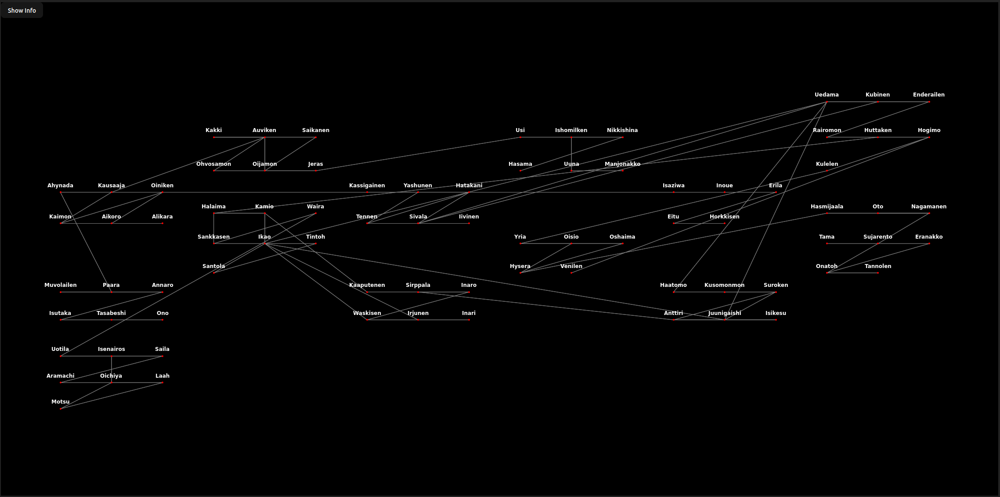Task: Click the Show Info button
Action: tap(22, 11)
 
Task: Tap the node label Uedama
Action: tap(827, 95)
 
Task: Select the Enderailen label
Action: tap(928, 95)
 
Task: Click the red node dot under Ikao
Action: tap(265, 243)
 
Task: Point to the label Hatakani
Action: tap(469, 186)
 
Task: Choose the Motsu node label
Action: tap(61, 402)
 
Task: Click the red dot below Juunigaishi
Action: tap(725, 320)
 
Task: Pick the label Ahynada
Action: tap(61, 186)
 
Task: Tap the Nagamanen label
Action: tap(929, 207)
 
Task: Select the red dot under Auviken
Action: tap(265, 137)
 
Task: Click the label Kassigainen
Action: tap(367, 186)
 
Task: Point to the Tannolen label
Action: tap(878, 266)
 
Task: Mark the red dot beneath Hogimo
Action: tap(929, 137)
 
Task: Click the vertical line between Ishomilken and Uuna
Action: tap(571, 154)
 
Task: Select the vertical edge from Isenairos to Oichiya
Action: tap(112, 369)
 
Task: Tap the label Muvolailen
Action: tap(61, 285)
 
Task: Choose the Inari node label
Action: tap(469, 313)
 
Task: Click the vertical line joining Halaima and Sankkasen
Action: tap(214, 228)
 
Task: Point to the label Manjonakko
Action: tap(622, 164)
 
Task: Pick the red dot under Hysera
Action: tap(520, 273)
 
